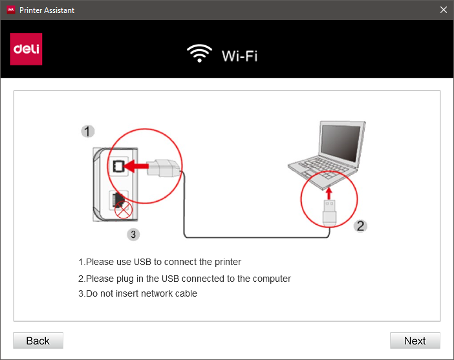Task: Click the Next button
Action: (415, 341)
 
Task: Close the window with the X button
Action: (443, 10)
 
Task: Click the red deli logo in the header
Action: (26, 49)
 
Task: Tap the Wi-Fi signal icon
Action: (199, 53)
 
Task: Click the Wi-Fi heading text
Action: (239, 56)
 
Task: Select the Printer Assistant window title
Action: (47, 10)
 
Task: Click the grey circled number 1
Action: (87, 131)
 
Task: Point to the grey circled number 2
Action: (360, 226)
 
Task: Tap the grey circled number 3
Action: (133, 235)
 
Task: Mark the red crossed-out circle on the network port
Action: (124, 209)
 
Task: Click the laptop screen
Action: (341, 143)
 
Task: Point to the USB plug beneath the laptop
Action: (329, 213)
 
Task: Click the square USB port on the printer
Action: (118, 166)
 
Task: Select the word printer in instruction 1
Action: (228, 262)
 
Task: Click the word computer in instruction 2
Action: (272, 279)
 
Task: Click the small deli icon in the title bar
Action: (11, 10)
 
